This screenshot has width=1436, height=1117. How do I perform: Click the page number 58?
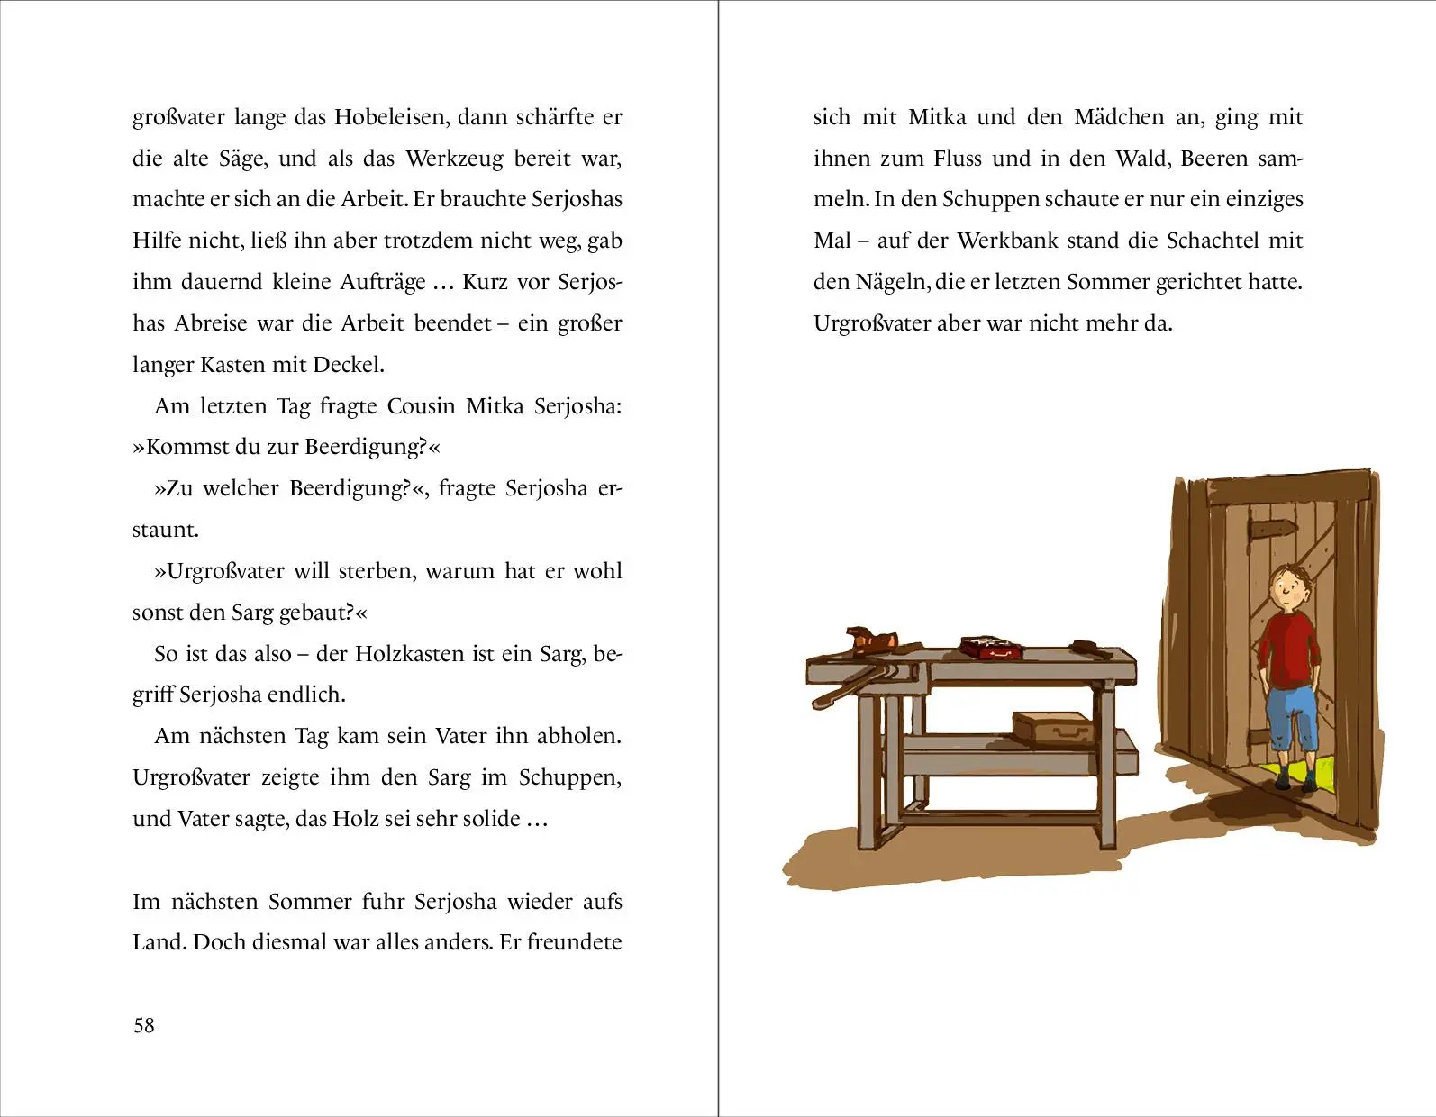144,1025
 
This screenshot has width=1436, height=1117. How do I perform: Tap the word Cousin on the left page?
421,406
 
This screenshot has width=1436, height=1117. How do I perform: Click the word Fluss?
958,159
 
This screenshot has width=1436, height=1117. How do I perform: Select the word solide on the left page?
490,819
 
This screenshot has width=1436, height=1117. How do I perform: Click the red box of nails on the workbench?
990,645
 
